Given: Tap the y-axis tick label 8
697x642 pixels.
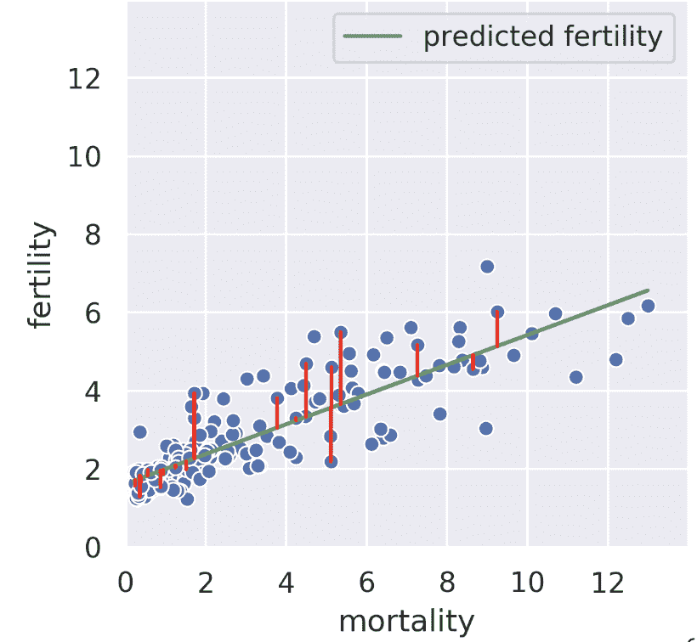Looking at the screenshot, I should [x=96, y=235].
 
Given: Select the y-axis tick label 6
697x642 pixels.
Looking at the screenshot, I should [x=96, y=313].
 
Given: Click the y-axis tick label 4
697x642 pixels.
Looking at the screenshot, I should [x=96, y=391].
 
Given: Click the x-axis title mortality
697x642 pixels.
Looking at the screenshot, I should [x=406, y=622].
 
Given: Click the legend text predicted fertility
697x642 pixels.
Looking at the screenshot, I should [x=543, y=36].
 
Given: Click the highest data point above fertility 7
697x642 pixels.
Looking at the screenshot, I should [x=487, y=267].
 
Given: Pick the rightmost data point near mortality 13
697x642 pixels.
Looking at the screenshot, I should [x=648, y=306].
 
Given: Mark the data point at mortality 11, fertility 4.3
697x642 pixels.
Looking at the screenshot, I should [x=576, y=376].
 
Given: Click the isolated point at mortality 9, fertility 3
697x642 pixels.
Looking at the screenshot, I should [x=486, y=428].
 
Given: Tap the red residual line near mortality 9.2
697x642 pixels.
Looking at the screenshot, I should [x=497, y=329].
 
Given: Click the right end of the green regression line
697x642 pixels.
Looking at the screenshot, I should [x=649, y=290].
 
